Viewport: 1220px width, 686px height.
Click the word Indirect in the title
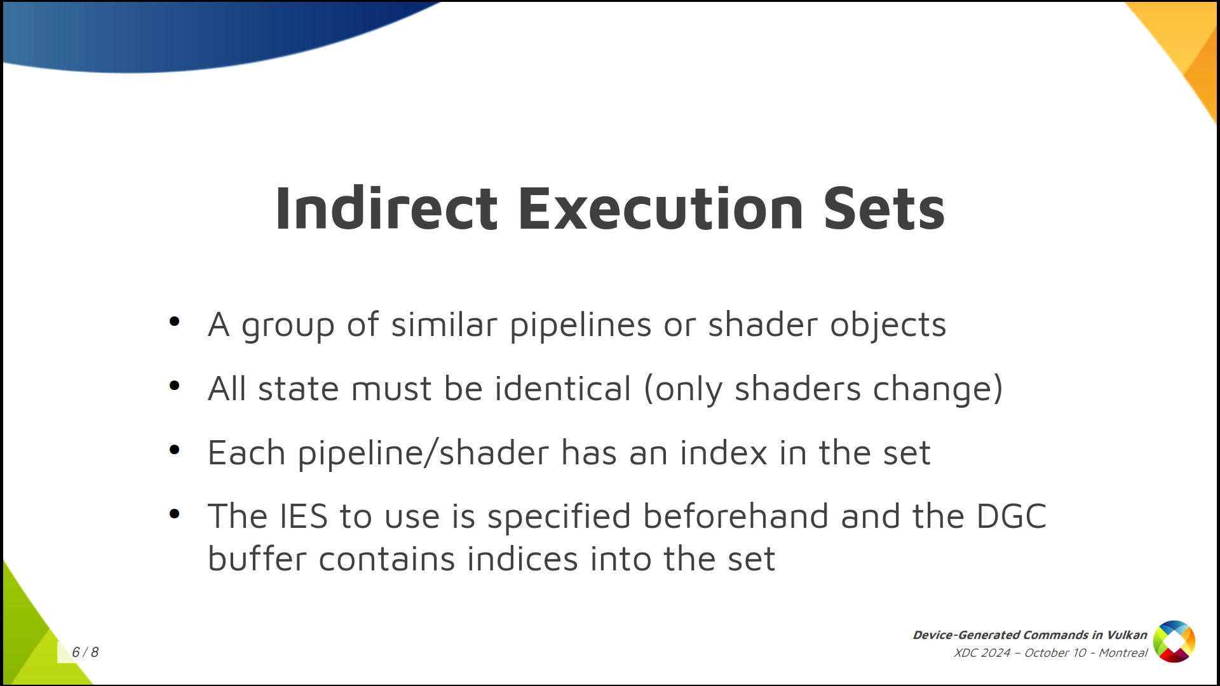point(386,208)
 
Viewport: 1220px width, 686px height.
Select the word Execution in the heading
point(661,208)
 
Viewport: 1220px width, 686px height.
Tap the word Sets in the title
point(884,208)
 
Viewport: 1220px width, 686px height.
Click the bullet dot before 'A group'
point(175,321)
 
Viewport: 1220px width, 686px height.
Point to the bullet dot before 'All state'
point(175,386)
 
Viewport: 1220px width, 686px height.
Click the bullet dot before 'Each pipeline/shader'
point(175,450)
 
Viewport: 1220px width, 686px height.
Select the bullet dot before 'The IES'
point(175,513)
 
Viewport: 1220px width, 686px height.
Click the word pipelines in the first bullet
point(581,326)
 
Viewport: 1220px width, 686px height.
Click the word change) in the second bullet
point(938,390)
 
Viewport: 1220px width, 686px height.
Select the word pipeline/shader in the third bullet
point(424,454)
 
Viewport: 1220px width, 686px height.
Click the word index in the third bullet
point(724,453)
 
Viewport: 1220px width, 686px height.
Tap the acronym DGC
point(1012,516)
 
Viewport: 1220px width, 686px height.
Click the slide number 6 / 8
point(85,652)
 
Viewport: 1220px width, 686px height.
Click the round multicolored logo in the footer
point(1174,642)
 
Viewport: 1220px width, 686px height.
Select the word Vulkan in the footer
point(1127,635)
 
